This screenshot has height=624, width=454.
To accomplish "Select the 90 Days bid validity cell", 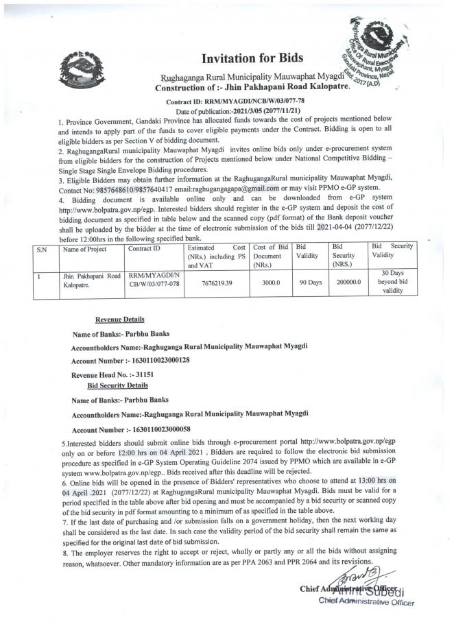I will pyautogui.click(x=310, y=282).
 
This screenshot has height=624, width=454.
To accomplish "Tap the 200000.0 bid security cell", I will pyautogui.click(x=346, y=282).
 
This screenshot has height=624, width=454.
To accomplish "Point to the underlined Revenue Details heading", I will pyautogui.click(x=120, y=319).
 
